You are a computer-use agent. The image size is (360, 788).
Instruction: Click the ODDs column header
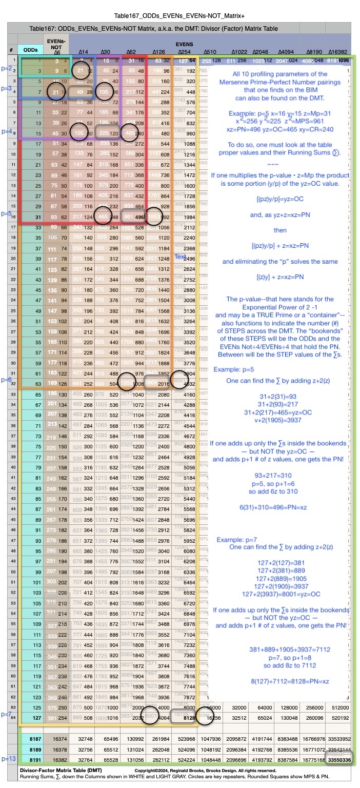[x=30, y=49]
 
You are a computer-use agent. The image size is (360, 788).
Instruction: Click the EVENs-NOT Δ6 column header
[x=56, y=46]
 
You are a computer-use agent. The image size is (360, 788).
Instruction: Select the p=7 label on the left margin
[x=7, y=714]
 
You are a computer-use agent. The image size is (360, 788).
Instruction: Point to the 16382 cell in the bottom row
[x=56, y=759]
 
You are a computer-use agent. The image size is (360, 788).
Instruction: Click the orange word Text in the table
[x=180, y=256]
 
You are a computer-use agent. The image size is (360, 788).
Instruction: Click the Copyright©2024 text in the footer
[x=150, y=770]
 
